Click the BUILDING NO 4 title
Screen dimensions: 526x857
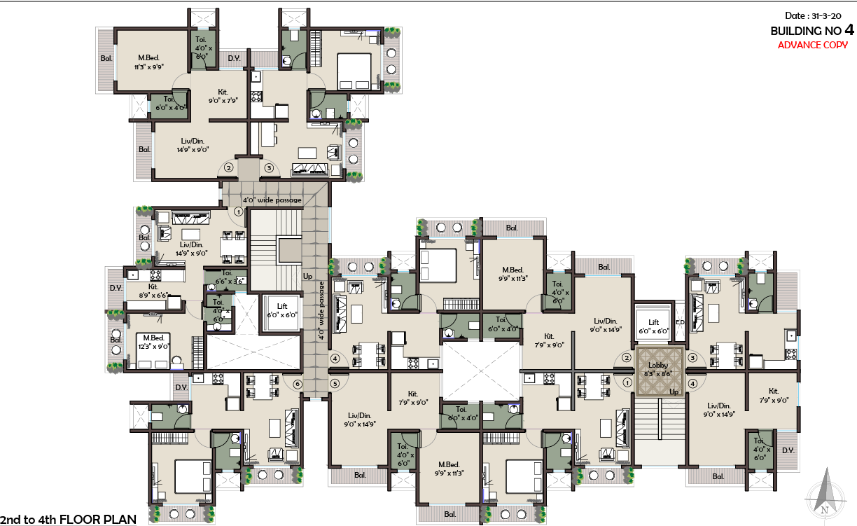[x=812, y=31]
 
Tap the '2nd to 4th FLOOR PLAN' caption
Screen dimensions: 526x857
[x=68, y=519]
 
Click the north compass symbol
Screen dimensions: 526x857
[x=827, y=498]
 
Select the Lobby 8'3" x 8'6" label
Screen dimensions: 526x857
[x=658, y=370]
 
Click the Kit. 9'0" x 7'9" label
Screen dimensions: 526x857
[x=223, y=96]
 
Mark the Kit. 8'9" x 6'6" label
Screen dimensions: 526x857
[x=153, y=291]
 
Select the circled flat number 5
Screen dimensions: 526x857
[x=335, y=384]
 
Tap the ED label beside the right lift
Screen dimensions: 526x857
[x=679, y=322]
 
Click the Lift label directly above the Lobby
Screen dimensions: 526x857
[x=653, y=327]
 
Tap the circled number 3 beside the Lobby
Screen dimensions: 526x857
[x=692, y=358]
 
